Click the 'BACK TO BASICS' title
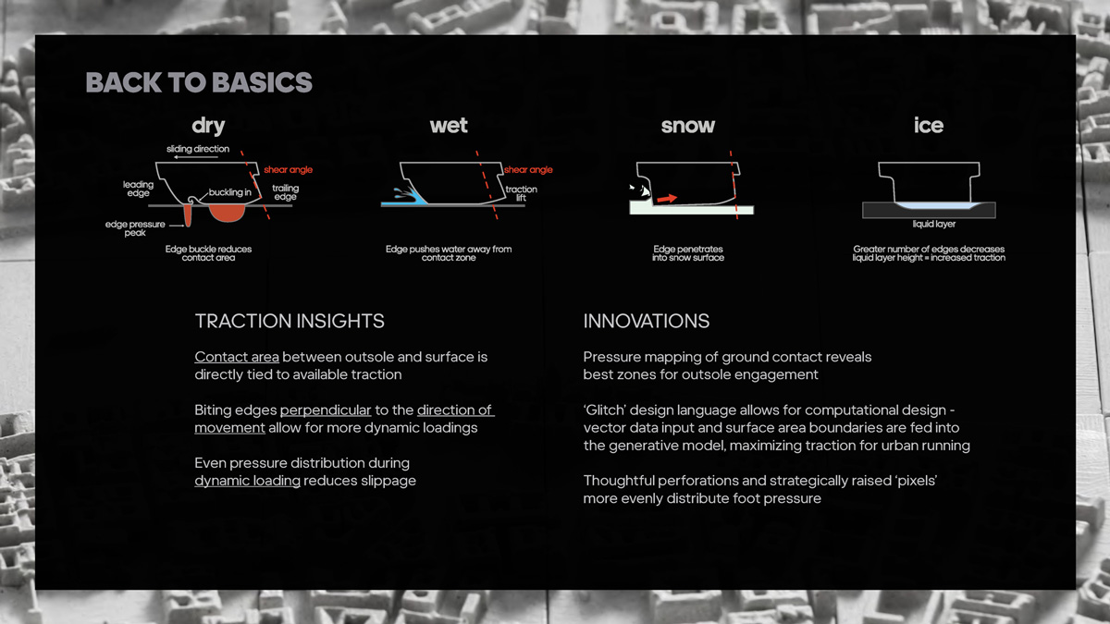(199, 83)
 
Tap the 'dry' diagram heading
(208, 126)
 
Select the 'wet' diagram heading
(449, 126)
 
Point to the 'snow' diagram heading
(688, 126)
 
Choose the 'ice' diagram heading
(929, 126)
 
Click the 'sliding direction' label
(198, 149)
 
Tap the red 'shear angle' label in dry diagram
(289, 170)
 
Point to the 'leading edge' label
(138, 189)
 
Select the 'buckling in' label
(229, 192)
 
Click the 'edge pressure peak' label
(135, 228)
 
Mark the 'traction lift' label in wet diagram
(521, 193)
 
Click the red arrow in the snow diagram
(666, 198)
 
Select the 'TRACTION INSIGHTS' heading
(290, 322)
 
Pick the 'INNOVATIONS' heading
(647, 322)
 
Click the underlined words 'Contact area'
(237, 357)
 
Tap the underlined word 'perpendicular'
(326, 410)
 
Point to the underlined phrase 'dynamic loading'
(247, 481)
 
